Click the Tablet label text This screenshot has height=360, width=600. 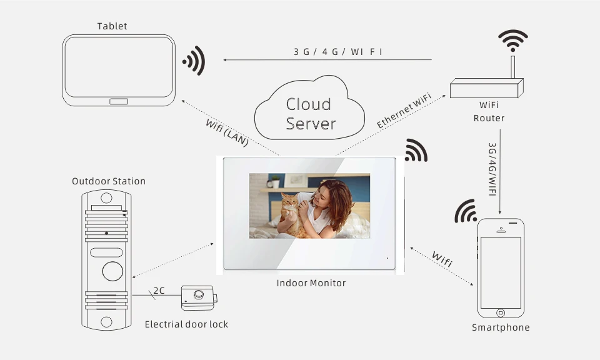[x=112, y=26]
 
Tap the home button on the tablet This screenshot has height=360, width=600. [x=119, y=101]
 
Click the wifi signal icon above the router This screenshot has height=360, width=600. [x=512, y=41]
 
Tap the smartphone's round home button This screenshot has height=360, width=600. [x=500, y=312]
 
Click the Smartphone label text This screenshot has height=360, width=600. [x=500, y=327]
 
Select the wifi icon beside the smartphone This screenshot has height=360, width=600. [x=466, y=212]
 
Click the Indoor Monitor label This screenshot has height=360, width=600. [x=311, y=283]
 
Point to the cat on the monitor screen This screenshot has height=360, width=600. [x=289, y=212]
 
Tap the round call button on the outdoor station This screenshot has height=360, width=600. [x=112, y=271]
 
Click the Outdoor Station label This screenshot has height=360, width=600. [x=108, y=181]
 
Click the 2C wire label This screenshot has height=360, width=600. [x=159, y=291]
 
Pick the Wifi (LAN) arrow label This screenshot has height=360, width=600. [x=227, y=132]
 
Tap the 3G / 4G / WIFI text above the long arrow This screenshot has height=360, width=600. [x=338, y=51]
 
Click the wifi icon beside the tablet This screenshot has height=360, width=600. [x=194, y=61]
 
